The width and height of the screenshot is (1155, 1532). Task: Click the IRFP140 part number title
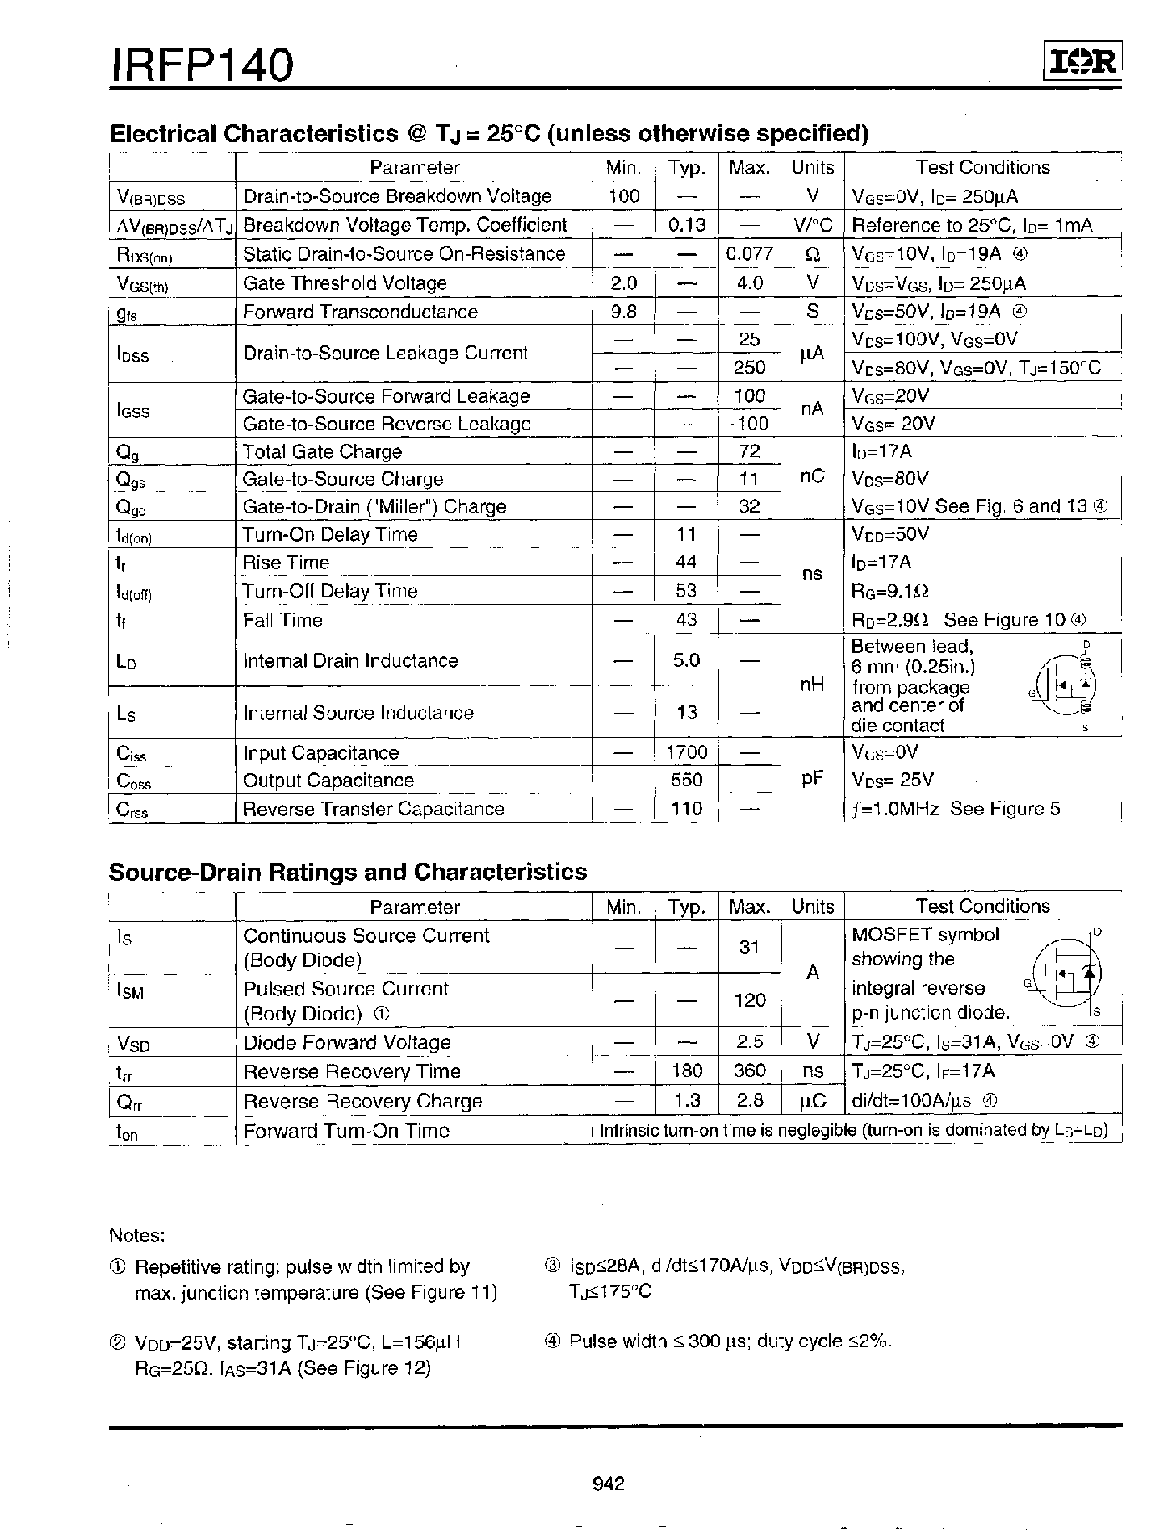tap(201, 64)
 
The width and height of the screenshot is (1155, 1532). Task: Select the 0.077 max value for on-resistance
tap(749, 254)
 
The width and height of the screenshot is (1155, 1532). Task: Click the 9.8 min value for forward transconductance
tap(623, 312)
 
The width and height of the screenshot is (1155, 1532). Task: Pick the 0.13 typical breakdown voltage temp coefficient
tap(687, 225)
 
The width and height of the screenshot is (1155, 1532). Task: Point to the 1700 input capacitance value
tap(687, 752)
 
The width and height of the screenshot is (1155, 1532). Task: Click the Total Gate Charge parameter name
tap(322, 452)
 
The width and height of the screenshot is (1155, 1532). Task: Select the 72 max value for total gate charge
tap(750, 451)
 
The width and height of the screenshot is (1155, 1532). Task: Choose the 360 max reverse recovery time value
tap(750, 1071)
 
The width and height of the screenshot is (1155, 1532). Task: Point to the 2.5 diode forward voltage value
tap(750, 1042)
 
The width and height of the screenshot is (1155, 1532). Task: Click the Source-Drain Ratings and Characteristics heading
tap(348, 872)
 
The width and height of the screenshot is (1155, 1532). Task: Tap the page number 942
tap(608, 1484)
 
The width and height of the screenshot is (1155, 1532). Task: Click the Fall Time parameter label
tap(282, 620)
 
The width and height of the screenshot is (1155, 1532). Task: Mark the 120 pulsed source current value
tap(750, 1000)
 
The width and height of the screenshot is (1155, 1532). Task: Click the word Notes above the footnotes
tap(137, 1235)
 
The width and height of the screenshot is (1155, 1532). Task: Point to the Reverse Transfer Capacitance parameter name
tap(373, 809)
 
